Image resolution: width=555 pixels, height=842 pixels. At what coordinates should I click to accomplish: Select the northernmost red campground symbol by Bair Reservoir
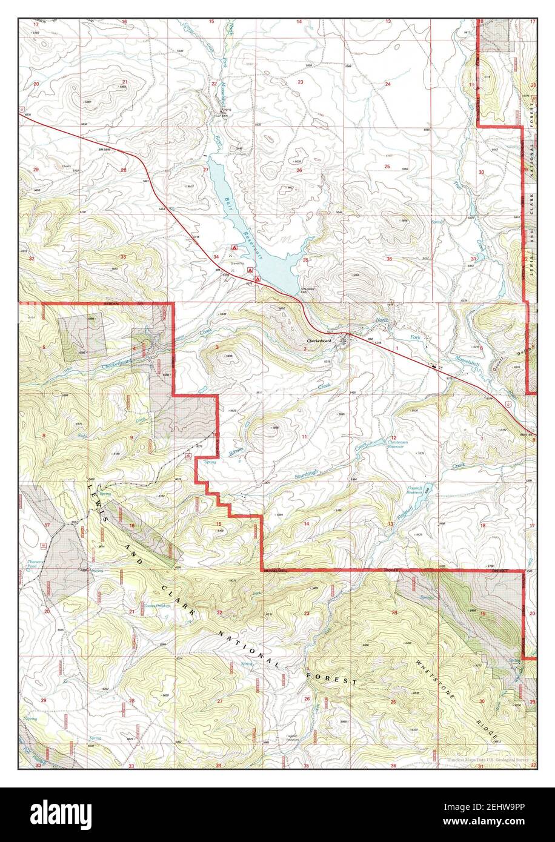pyautogui.click(x=234, y=248)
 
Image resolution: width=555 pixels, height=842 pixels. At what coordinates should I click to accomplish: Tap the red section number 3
pyautogui.click(x=217, y=347)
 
